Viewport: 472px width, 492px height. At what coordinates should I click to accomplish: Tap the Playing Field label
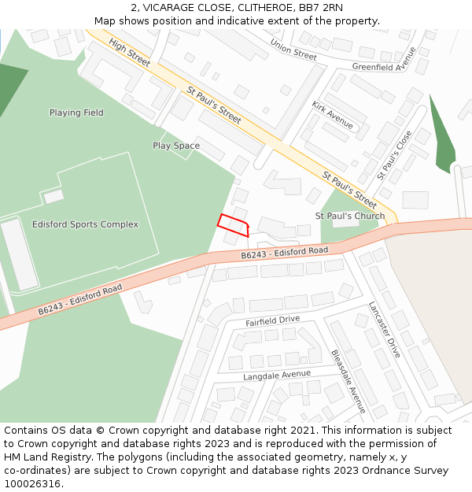76,113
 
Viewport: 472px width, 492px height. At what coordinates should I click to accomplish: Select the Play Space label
176,146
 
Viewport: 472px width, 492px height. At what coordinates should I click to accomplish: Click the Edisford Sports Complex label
85,224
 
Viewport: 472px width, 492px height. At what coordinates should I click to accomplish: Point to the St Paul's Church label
350,216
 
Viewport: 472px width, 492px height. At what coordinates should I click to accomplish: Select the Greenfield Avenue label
384,61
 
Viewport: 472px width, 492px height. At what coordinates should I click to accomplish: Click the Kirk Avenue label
332,115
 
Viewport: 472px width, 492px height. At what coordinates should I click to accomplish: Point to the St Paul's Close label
394,155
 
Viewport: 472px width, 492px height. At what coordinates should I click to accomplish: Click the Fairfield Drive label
272,320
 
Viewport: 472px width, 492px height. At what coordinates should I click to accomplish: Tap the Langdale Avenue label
277,375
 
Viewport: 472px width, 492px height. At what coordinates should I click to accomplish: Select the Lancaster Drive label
385,330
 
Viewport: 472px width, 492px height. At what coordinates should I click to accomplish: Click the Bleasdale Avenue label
348,382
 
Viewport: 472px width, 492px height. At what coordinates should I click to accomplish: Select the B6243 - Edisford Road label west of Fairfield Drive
80,301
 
